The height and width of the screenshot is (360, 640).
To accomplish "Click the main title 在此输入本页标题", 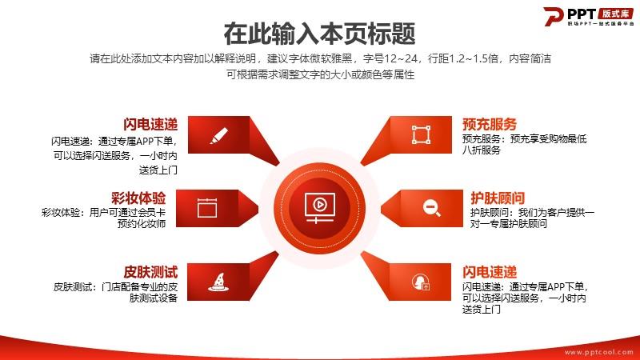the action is point(319,34).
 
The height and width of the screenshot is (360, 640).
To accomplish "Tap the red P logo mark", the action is point(553,16).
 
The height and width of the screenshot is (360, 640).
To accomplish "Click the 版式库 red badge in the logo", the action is point(615,14).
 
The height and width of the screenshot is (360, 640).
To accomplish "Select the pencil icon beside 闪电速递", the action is point(218,135).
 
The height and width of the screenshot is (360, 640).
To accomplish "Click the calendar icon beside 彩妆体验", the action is point(207,207).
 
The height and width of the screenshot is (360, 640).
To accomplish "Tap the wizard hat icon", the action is point(218,282).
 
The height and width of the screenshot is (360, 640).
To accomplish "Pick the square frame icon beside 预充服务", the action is point(421,134).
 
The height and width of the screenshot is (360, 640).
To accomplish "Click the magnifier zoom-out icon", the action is point(431,208).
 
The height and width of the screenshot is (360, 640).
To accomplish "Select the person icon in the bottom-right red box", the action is point(421,282).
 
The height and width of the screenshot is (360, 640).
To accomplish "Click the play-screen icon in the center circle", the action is point(319,208).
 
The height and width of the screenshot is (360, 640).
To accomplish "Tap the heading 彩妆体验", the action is point(138,198).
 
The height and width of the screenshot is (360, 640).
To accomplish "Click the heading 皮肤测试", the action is point(150,272).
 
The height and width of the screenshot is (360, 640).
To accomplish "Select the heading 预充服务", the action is point(490,124).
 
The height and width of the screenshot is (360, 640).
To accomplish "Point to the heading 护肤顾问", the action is point(498,198).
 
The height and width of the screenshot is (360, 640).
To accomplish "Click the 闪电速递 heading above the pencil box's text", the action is point(150,125).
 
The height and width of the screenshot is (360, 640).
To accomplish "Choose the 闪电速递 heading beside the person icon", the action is point(490,272).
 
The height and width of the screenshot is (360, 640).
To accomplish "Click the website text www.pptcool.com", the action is point(598,352).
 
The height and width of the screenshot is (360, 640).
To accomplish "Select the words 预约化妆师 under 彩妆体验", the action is point(142,224).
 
